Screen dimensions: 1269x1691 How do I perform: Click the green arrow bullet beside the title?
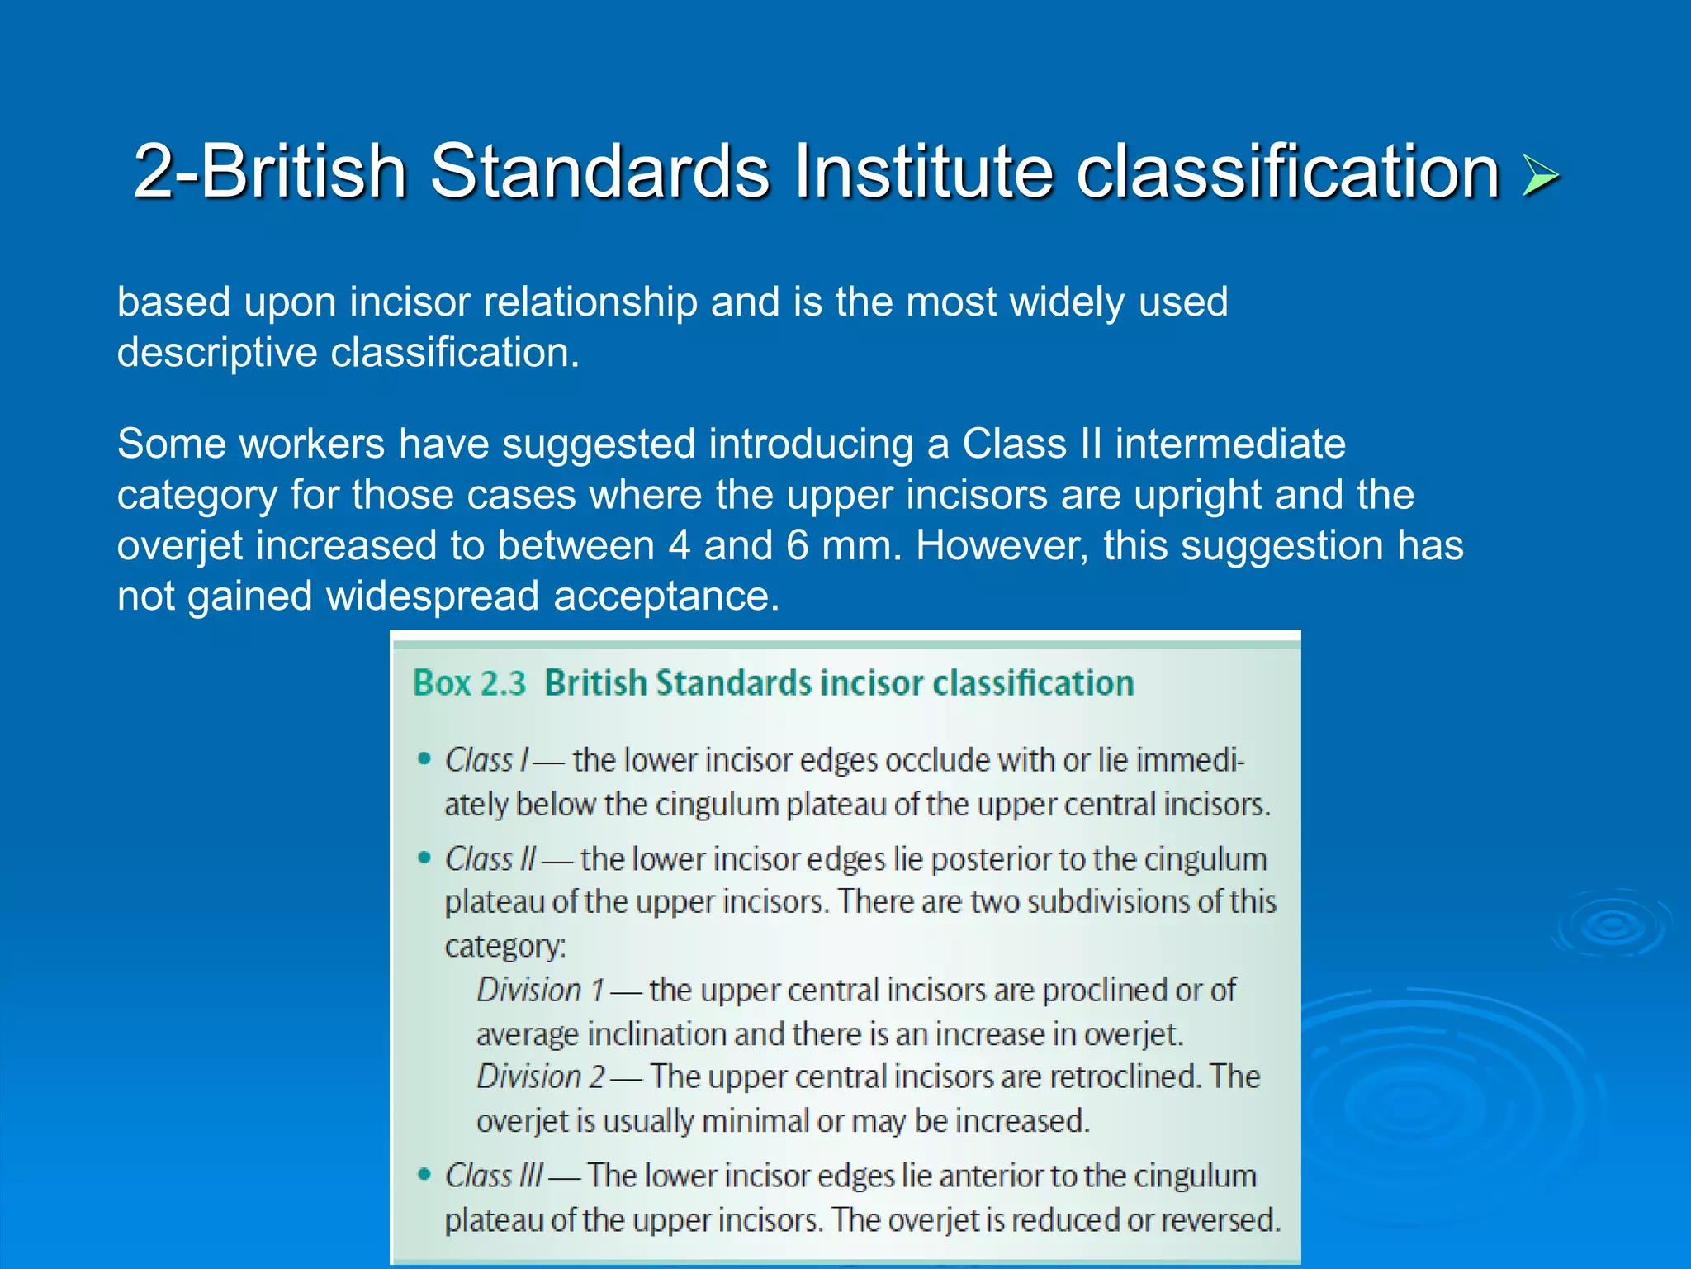[1540, 176]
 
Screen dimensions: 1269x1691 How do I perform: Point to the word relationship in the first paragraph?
[590, 302]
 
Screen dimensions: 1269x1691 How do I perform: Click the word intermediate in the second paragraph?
[1229, 444]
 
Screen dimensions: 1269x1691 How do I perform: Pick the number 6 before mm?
[798, 546]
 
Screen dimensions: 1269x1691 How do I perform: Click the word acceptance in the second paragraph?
[666, 596]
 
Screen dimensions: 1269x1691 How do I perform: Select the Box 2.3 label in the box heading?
[469, 684]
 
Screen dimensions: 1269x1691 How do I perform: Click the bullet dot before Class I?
[424, 759]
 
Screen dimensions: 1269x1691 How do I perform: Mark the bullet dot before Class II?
[424, 858]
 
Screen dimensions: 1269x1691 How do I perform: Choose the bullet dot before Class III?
[424, 1174]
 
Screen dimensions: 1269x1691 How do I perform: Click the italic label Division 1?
[540, 990]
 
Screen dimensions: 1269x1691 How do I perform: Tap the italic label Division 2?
[541, 1077]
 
